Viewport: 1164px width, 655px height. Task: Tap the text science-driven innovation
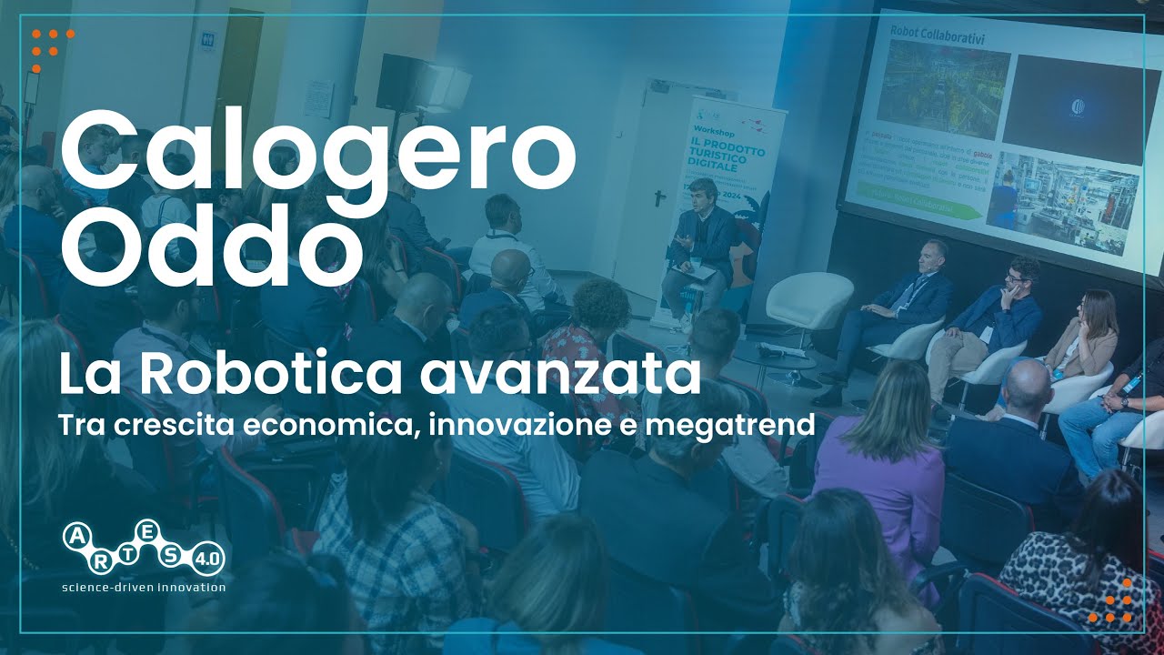coord(143,588)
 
